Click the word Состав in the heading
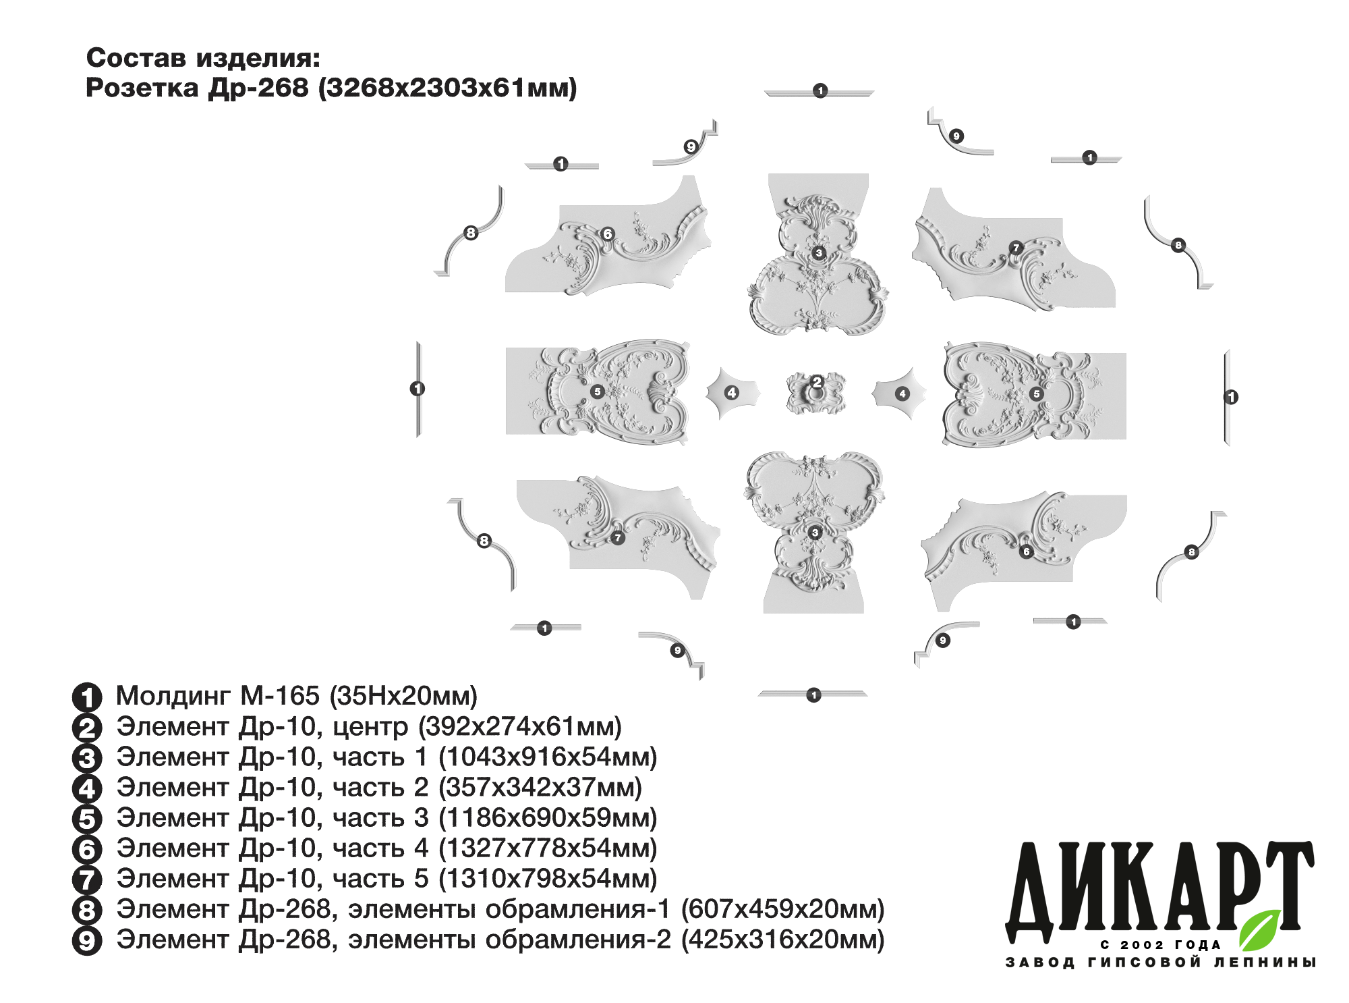(136, 58)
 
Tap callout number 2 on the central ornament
(817, 382)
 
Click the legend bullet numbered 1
(87, 697)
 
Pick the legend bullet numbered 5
(87, 819)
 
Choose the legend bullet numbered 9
(87, 940)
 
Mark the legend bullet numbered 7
(87, 879)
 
